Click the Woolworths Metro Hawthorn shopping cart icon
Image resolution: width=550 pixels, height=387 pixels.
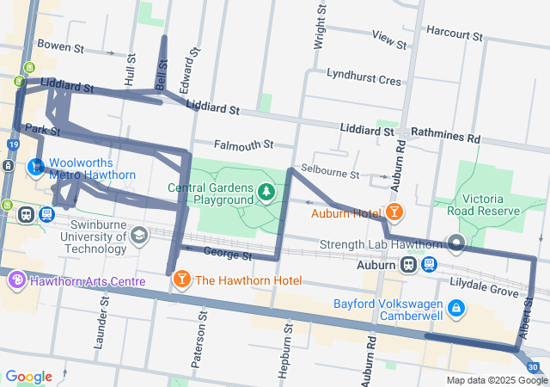pyautogui.click(x=37, y=166)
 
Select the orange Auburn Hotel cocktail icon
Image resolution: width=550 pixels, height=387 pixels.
pyautogui.click(x=394, y=211)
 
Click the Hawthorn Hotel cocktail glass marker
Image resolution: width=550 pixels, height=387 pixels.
pyautogui.click(x=182, y=279)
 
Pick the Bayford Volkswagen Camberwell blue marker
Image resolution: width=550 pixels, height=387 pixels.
pyautogui.click(x=456, y=306)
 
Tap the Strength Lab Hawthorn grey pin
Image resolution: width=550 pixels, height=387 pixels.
pyautogui.click(x=455, y=244)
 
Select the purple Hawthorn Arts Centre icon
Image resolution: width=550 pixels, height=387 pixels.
pyautogui.click(x=15, y=280)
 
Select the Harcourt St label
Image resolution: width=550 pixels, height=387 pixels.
pyautogui.click(x=454, y=34)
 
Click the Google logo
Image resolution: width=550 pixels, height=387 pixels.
pyautogui.click(x=29, y=377)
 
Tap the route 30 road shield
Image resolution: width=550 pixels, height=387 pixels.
pyautogui.click(x=534, y=368)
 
